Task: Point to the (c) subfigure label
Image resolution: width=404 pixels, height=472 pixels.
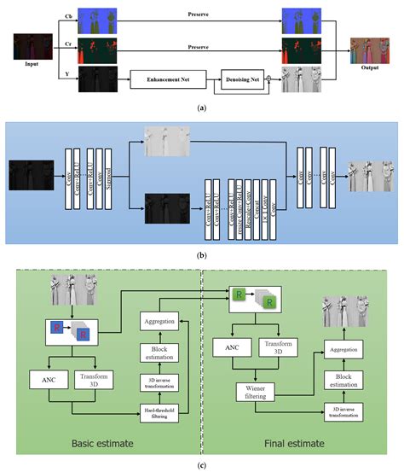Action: point(201,465)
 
